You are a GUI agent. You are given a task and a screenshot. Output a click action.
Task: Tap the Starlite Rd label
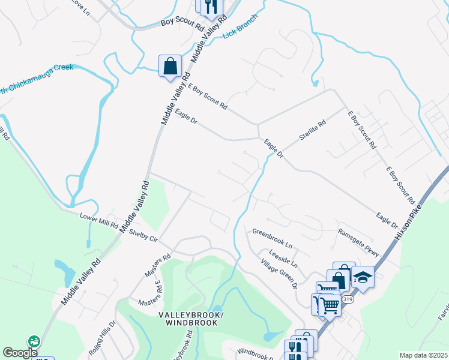pyautogui.click(x=312, y=130)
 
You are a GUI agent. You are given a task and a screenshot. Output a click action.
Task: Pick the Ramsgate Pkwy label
pyautogui.click(x=359, y=241)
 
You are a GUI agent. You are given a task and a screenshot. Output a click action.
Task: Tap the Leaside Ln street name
pyautogui.click(x=283, y=258)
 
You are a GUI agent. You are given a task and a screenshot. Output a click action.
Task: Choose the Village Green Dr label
pyautogui.click(x=279, y=274)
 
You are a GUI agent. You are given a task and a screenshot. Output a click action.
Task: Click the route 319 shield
pyautogui.click(x=347, y=298)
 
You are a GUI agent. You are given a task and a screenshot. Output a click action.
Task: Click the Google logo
pyautogui.click(x=20, y=353)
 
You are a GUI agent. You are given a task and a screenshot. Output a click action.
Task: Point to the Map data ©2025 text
pyautogui.click(x=423, y=355)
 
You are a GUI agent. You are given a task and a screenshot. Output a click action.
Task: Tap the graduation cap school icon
pyautogui.click(x=363, y=277)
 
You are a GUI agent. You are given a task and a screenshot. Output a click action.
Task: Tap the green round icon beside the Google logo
pyautogui.click(x=34, y=341)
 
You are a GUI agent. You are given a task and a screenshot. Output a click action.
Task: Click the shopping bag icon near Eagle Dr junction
pyautogui.click(x=170, y=65)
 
